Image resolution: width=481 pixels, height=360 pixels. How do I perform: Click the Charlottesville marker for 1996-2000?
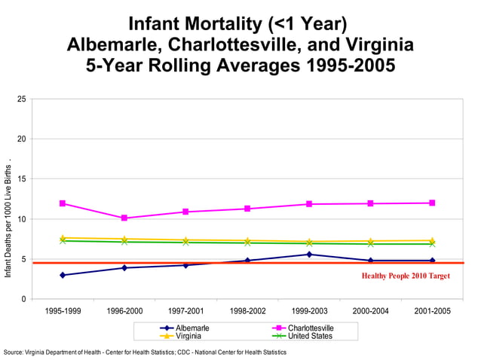point(124,218)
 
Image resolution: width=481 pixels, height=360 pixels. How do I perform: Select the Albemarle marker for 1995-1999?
point(63,275)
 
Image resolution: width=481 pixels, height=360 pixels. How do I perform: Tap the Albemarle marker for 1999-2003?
point(309,255)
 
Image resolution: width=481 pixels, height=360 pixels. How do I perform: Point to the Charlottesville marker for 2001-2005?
point(432,203)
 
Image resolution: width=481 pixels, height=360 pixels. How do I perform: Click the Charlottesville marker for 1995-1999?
point(63,203)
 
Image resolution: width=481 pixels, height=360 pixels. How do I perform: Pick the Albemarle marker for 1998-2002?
point(247,261)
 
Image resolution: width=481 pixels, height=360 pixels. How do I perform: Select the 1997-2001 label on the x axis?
point(185,310)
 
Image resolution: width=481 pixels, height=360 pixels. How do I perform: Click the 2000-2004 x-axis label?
point(370,310)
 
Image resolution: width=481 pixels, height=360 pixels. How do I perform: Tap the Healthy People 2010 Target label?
point(405,276)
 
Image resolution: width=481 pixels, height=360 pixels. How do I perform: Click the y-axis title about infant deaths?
point(8,218)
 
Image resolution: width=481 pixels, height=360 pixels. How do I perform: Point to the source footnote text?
point(145,352)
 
